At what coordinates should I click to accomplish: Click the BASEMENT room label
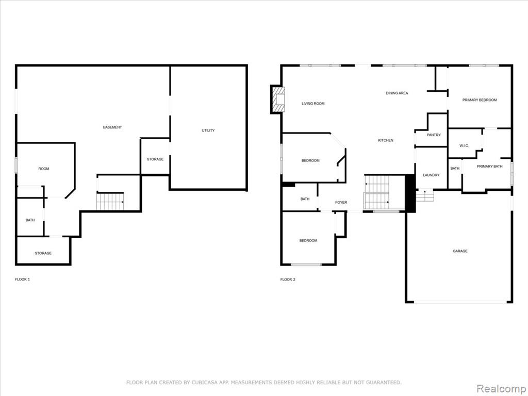click(112, 127)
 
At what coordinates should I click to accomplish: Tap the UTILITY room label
click(208, 130)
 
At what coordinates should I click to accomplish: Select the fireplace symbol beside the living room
click(278, 100)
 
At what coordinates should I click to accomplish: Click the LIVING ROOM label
click(313, 104)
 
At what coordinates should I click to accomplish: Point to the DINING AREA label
click(397, 93)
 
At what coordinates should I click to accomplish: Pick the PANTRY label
click(434, 135)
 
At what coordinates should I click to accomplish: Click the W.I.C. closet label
click(464, 146)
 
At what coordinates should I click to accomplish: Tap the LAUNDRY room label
click(432, 175)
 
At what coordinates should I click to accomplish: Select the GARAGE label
click(460, 251)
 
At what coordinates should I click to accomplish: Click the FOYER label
click(341, 202)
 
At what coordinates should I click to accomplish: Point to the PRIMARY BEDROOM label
click(480, 100)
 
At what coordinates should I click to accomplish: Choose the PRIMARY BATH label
click(490, 167)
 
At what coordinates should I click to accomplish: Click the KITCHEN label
click(386, 140)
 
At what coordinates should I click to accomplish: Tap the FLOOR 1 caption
click(23, 279)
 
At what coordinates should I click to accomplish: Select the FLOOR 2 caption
click(288, 279)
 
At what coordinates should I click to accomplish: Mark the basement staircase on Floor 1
click(110, 202)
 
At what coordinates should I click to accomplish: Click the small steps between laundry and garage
click(424, 195)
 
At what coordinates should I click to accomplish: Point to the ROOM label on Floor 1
click(44, 169)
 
